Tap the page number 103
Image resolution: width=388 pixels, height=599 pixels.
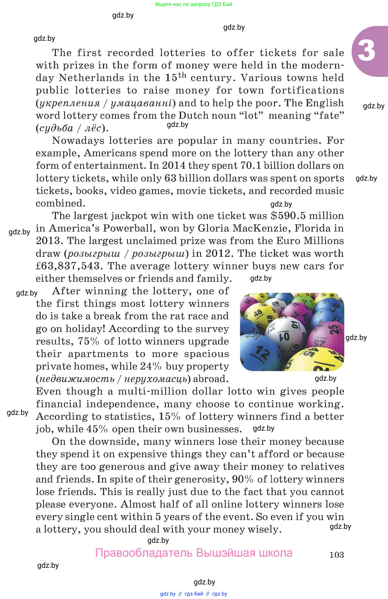click(x=336, y=555)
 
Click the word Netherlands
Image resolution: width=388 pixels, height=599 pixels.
click(x=91, y=78)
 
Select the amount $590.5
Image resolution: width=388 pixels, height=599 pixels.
click(x=288, y=216)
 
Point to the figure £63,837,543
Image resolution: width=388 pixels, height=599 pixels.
click(x=68, y=266)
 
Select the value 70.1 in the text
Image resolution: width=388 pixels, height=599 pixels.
click(x=251, y=166)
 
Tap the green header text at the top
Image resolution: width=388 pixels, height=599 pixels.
click(x=194, y=4)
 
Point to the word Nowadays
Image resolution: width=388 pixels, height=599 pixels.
click(x=78, y=141)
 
